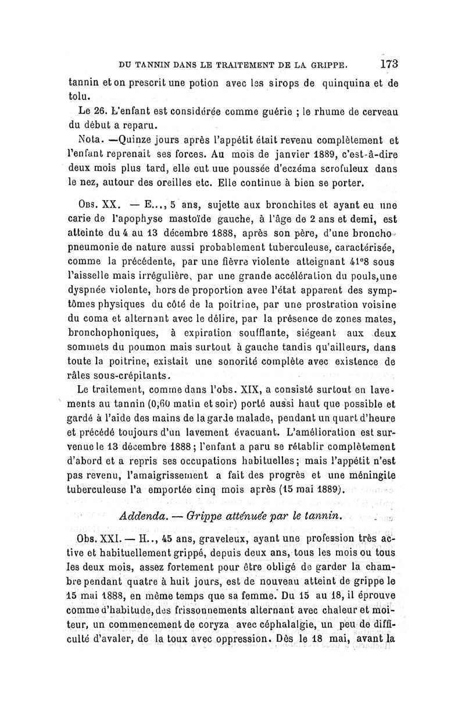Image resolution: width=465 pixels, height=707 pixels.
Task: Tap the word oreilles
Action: tap(166, 184)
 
